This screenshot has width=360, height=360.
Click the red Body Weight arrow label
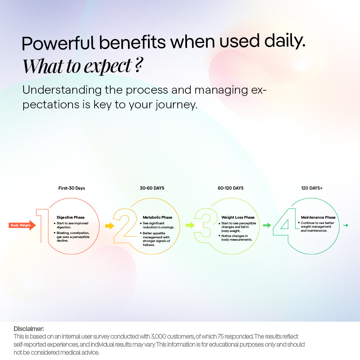22,225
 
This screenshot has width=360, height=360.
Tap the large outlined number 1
42,226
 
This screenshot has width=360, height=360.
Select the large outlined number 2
125,226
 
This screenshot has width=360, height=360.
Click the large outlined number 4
285,223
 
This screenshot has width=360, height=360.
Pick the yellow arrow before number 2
110,226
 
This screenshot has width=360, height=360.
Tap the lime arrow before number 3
190,226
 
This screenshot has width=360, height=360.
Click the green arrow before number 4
267,226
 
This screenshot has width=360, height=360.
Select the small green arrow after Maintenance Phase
346,226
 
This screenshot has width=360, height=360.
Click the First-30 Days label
72,188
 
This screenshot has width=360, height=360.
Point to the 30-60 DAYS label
152,188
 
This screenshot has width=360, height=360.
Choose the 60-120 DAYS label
231,188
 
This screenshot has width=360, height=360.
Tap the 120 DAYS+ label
312,188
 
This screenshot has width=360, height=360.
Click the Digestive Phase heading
71,217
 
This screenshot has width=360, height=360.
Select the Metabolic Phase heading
158,217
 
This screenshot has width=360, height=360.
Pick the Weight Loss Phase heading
238,217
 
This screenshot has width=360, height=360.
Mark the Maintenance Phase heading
318,217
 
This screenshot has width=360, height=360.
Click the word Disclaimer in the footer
29,329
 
